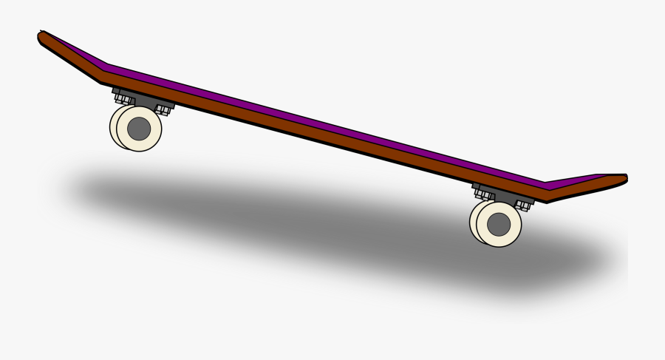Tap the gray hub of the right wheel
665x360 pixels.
[499, 223]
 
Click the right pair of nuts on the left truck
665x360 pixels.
[162, 109]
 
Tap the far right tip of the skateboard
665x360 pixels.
[624, 178]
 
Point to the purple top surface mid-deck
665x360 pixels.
[318, 126]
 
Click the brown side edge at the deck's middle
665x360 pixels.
[318, 137]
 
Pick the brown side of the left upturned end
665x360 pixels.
[70, 55]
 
